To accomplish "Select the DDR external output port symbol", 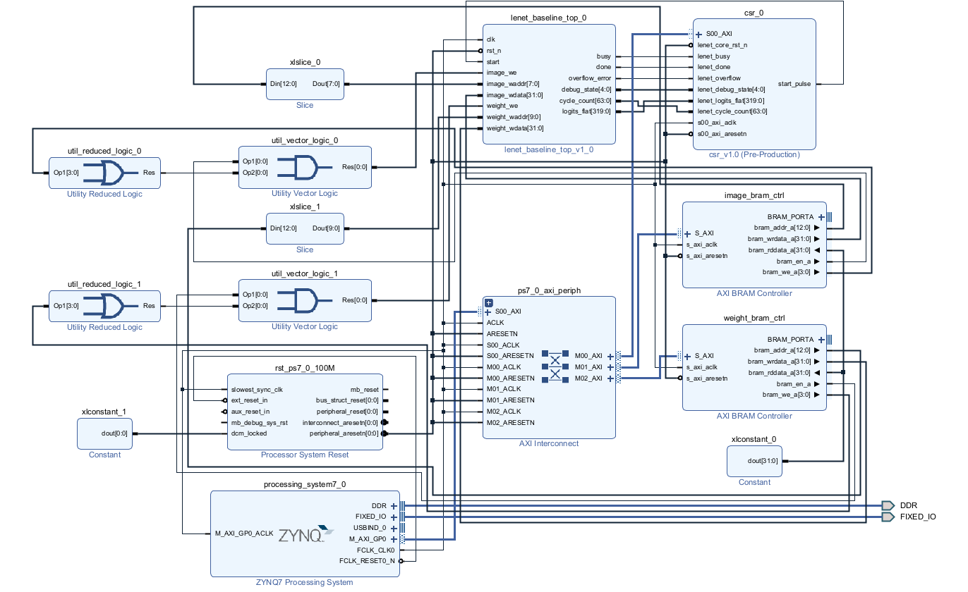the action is pos(888,505).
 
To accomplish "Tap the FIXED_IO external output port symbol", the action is pos(888,517).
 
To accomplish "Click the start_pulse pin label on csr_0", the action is pos(794,84).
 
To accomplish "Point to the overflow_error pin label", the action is pos(589,78).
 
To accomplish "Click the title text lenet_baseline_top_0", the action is pos(548,18).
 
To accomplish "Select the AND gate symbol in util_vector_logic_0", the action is pos(304,168).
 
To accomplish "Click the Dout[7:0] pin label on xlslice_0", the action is pos(326,84).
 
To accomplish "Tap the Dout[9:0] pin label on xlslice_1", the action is pos(326,228).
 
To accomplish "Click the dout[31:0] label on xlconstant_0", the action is pos(762,461).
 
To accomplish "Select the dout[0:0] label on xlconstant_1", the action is pos(114,433).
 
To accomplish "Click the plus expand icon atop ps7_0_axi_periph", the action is pos(489,302).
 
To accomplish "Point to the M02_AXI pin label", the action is pos(588,378).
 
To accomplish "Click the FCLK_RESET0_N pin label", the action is pos(367,561).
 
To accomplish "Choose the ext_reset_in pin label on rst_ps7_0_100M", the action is pos(249,400).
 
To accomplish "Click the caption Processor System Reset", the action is pos(305,455).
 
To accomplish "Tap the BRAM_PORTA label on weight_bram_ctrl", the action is pos(790,340).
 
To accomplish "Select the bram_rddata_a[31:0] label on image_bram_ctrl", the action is pos(779,250).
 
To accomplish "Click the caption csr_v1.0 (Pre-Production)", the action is pos(754,154).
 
